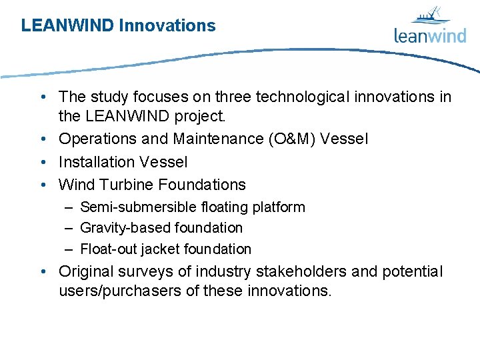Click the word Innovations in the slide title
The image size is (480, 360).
[167, 26]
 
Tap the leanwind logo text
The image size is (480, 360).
[430, 35]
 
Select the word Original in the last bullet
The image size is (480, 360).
[85, 272]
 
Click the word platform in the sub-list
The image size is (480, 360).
[278, 207]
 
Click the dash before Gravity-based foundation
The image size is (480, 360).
[69, 228]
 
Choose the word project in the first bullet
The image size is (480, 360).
[201, 117]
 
